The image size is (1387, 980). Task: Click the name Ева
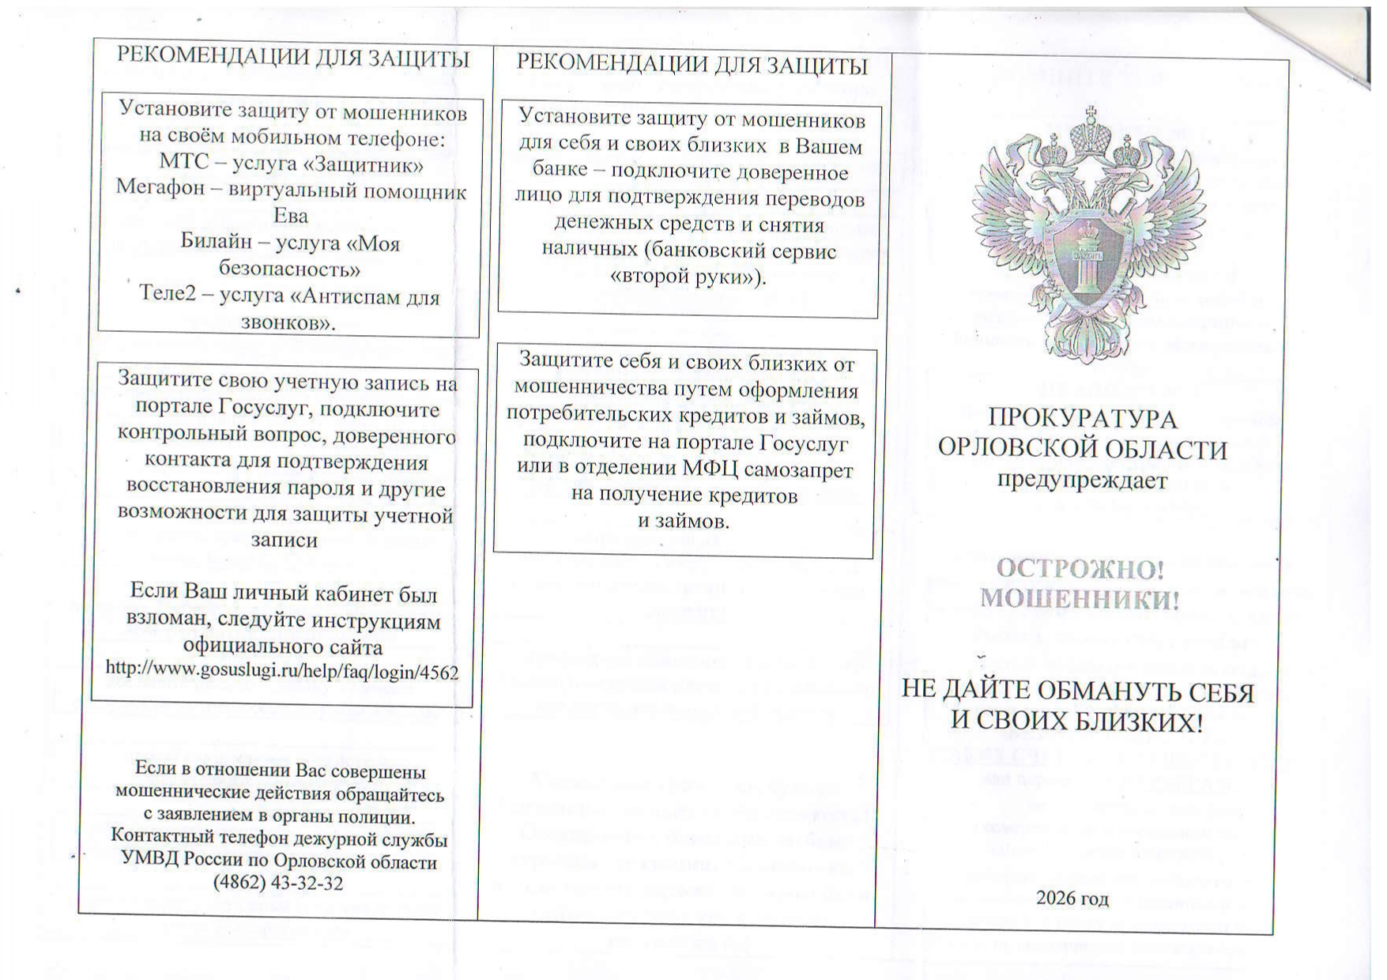pos(290,216)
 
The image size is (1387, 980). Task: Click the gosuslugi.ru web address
pos(282,670)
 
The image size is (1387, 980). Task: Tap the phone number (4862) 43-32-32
pos(278,883)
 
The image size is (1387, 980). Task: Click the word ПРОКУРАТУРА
pos(1083,419)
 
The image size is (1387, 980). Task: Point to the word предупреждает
pos(1082,480)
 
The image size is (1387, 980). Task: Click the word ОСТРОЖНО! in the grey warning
pos(1080,569)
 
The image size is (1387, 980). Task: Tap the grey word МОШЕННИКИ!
pos(1080,598)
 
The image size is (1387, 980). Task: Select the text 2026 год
pos(1072,899)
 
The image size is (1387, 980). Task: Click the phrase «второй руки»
pos(688,277)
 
